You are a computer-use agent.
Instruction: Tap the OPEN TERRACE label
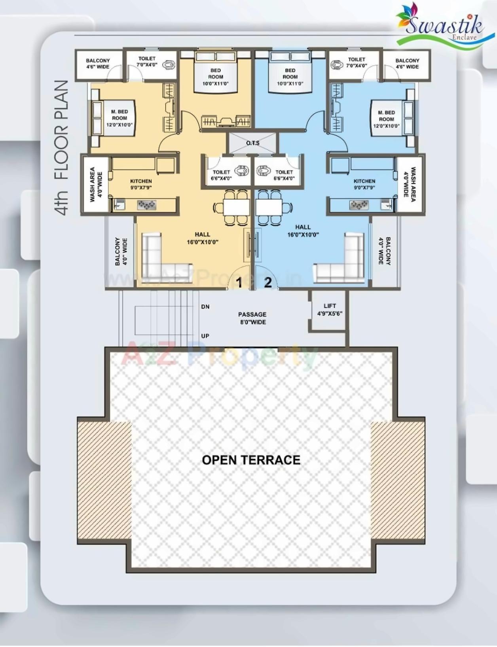251,460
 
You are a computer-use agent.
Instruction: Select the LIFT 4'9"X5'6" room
329,310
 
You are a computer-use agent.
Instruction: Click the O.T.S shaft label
253,143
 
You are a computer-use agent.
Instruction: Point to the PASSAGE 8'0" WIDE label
252,318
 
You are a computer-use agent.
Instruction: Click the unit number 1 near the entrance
239,283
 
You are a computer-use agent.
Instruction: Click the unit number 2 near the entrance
268,282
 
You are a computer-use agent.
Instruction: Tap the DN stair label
205,306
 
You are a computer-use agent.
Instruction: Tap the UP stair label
205,336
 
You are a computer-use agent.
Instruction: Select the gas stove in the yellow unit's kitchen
146,205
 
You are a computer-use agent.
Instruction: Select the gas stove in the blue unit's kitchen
359,205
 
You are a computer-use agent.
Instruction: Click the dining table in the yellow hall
236,207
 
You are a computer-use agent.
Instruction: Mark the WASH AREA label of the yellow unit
95,184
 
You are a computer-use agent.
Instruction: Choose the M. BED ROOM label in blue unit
386,119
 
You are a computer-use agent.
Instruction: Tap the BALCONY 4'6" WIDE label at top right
407,64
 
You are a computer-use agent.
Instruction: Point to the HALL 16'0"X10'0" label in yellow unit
202,238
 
